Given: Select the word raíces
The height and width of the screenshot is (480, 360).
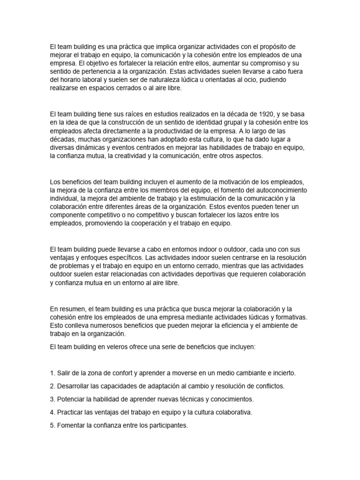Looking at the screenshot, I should [120, 114].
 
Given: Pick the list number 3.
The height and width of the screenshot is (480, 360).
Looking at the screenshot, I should [52, 399].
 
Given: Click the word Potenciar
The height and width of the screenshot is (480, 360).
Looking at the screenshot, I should [72, 399].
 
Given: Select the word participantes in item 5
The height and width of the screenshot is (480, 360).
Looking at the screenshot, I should [166, 425].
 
